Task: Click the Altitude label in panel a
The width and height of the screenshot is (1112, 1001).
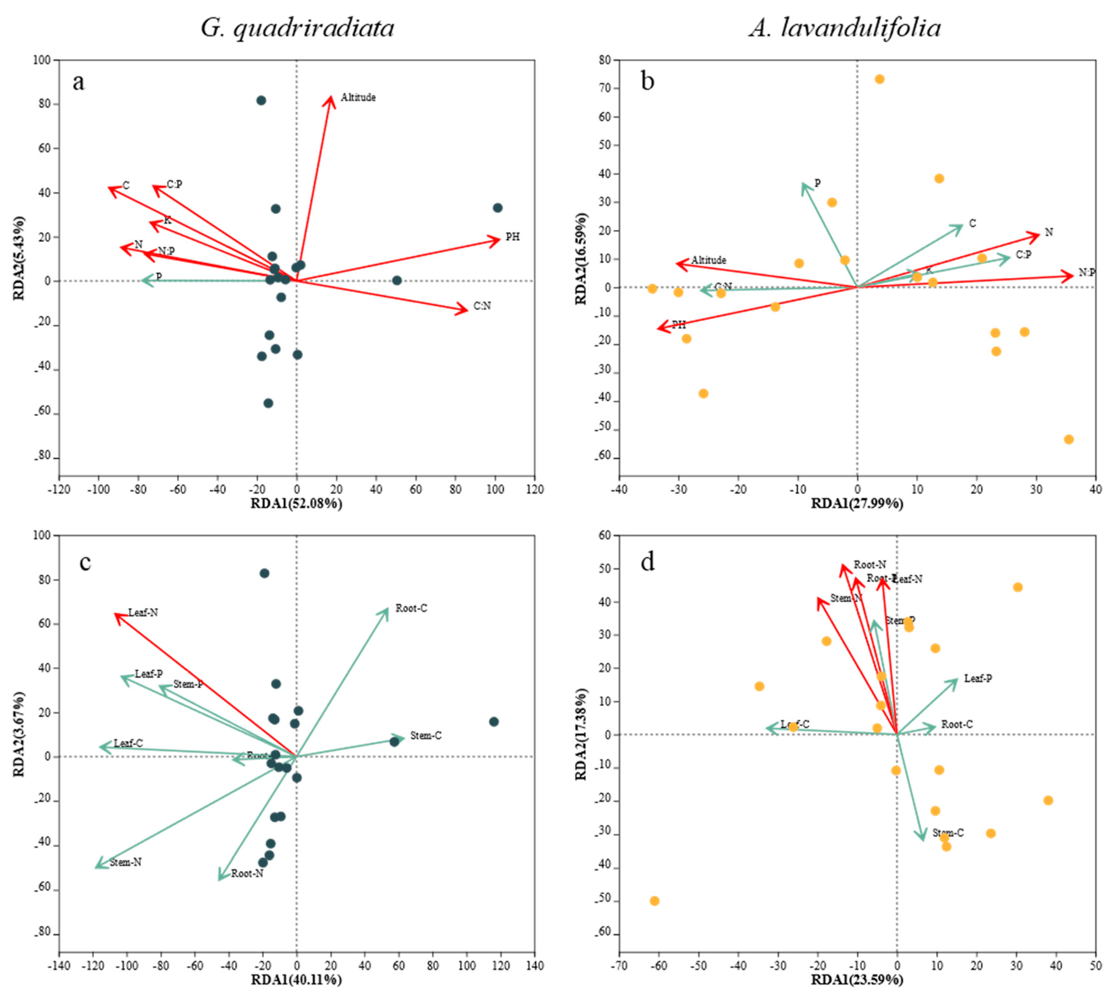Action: pyautogui.click(x=358, y=97)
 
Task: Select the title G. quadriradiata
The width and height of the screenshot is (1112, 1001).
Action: pyautogui.click(x=298, y=27)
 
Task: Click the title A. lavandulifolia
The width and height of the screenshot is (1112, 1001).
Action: pyautogui.click(x=845, y=27)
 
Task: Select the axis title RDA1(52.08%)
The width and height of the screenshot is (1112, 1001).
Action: pyautogui.click(x=296, y=503)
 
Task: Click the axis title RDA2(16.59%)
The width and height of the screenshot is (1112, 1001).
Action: pyautogui.click(x=581, y=259)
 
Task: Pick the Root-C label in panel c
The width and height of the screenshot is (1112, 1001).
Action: pyautogui.click(x=411, y=608)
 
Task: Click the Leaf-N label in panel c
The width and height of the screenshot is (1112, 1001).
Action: pyautogui.click(x=143, y=612)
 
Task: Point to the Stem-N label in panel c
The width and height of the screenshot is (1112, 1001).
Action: pyautogui.click(x=126, y=862)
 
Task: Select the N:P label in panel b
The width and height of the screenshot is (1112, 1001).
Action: pyautogui.click(x=1087, y=272)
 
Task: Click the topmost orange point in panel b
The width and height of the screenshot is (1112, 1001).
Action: pyautogui.click(x=879, y=79)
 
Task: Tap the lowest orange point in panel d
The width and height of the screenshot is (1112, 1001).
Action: pyautogui.click(x=654, y=901)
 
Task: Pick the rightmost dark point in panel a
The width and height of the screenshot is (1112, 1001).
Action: pyautogui.click(x=498, y=208)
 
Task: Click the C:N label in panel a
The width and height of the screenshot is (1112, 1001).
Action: pyautogui.click(x=482, y=306)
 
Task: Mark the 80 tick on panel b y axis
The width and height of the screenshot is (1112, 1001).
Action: pyautogui.click(x=604, y=60)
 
